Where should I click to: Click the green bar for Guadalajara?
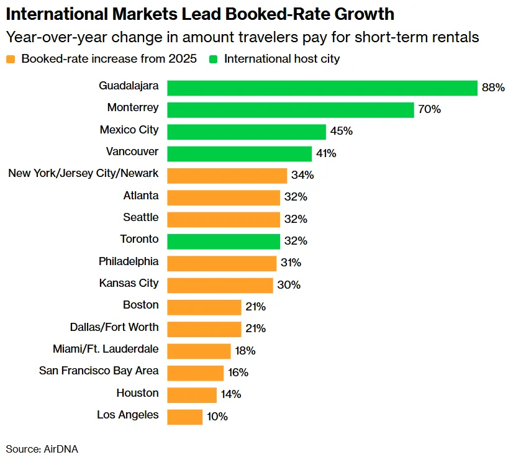(322, 88)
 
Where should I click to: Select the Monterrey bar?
(291, 110)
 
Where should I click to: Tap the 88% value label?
(493, 88)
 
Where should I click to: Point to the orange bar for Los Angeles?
(185, 417)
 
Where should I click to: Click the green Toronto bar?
(224, 241)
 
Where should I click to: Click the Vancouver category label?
(132, 151)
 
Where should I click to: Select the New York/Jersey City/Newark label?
(83, 173)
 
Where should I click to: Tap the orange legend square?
(11, 60)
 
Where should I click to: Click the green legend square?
(214, 60)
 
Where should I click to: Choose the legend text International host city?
(282, 60)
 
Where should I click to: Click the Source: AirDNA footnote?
(42, 449)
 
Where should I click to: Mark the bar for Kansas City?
(220, 285)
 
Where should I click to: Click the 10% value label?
(217, 417)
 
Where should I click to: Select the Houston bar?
(192, 395)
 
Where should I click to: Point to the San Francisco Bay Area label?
(99, 371)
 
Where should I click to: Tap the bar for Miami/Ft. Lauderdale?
(199, 351)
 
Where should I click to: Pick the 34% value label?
(302, 175)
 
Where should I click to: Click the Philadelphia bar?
(222, 263)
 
